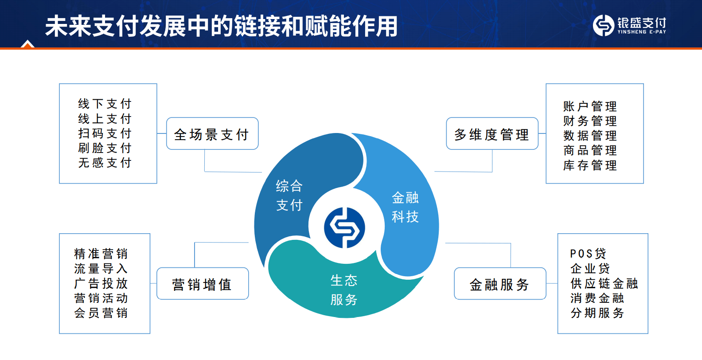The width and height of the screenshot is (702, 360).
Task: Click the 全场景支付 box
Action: pyautogui.click(x=212, y=133)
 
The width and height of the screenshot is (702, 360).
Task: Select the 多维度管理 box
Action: pyautogui.click(x=492, y=133)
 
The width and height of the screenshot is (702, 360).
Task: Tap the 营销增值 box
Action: pyautogui.click(x=203, y=283)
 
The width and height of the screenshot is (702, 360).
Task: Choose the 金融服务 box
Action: pyautogui.click(x=500, y=283)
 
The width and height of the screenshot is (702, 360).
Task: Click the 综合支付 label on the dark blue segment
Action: pyautogui.click(x=289, y=196)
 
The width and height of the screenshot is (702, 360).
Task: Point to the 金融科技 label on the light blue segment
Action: pyautogui.click(x=405, y=207)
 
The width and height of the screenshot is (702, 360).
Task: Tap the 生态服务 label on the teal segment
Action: pyautogui.click(x=344, y=290)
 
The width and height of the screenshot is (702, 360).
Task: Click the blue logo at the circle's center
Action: pyautogui.click(x=344, y=228)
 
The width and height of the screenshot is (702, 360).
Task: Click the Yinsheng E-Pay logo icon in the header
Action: pyautogui.click(x=603, y=25)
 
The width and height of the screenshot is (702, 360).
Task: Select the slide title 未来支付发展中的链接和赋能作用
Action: pyautogui.click(x=221, y=26)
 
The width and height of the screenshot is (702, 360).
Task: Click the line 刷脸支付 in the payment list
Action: pyautogui.click(x=105, y=148)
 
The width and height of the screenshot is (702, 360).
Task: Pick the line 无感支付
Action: pyautogui.click(x=105, y=163)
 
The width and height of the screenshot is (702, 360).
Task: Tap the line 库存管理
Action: pyautogui.click(x=590, y=165)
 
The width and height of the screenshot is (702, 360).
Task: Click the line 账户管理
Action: pyautogui.click(x=590, y=106)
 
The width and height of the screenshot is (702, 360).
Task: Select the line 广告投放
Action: pyautogui.click(x=101, y=283)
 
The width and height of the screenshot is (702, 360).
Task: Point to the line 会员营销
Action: pyautogui.click(x=101, y=313)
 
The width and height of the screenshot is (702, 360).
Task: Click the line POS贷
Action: pyautogui.click(x=588, y=254)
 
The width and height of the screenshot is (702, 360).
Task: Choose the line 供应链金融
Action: pyautogui.click(x=604, y=283)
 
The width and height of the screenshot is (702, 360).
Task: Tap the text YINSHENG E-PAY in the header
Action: pyautogui.click(x=642, y=31)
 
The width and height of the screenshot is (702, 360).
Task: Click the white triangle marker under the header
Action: pyautogui.click(x=27, y=44)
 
